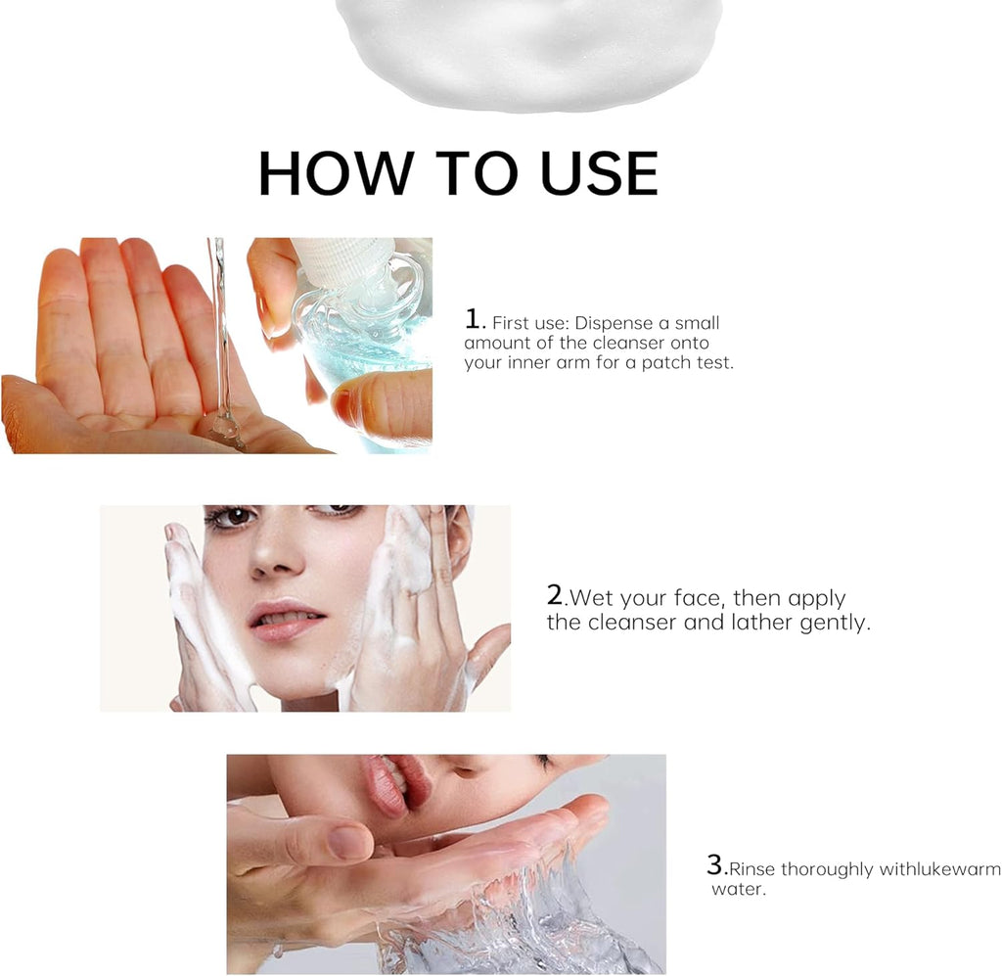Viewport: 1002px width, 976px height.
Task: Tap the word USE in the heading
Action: (600, 174)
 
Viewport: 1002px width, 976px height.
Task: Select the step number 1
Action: (475, 319)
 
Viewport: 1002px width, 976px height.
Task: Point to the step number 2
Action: (555, 595)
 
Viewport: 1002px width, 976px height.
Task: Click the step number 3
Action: (715, 865)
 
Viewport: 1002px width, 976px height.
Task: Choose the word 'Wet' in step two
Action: (589, 598)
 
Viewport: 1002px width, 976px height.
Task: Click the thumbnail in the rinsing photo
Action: (349, 841)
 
